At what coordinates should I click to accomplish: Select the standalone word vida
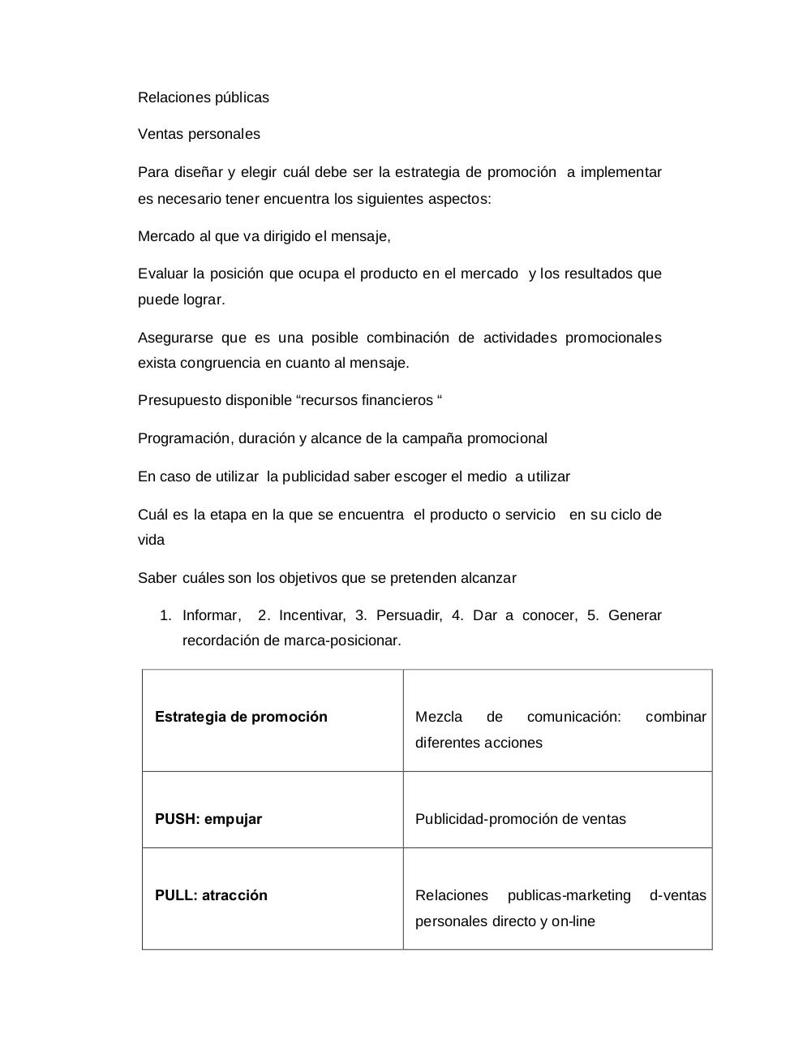[x=151, y=540]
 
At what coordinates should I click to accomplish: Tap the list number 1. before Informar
[x=165, y=615]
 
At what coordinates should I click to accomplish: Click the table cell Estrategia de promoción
[x=241, y=717]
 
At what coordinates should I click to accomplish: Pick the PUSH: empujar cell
[x=208, y=819]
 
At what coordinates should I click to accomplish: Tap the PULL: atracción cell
[x=211, y=895]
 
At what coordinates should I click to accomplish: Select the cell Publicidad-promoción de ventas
[x=520, y=819]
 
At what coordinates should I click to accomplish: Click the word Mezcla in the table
[x=438, y=717]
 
